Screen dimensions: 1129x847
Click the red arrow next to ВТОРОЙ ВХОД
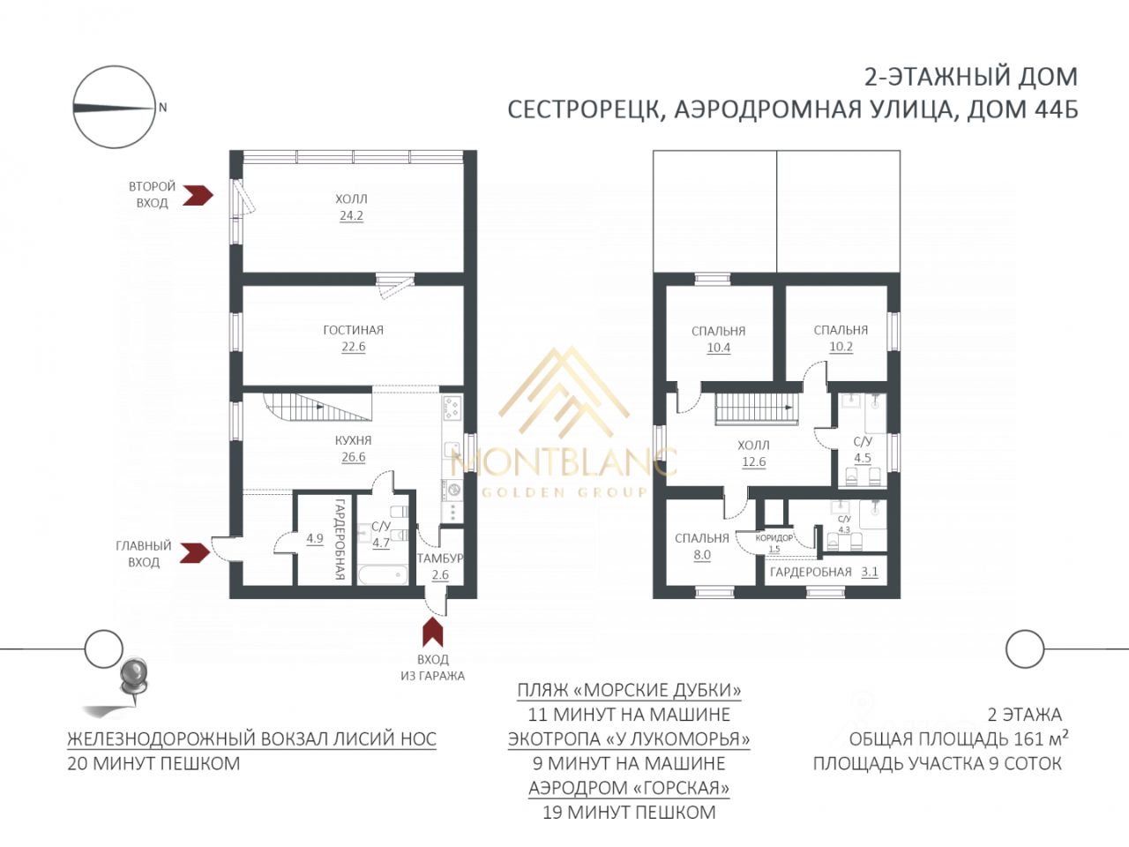[x=198, y=194]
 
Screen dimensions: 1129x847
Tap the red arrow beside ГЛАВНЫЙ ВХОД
[x=195, y=553]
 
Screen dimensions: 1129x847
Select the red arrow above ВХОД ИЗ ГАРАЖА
[x=433, y=632]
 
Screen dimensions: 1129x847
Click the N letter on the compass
[x=163, y=108]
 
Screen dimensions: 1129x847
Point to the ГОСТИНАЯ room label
[x=354, y=330]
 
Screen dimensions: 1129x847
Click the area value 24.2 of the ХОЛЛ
[x=351, y=215]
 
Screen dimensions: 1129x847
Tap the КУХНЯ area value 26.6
[x=354, y=457]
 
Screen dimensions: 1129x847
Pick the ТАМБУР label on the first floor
[x=440, y=558]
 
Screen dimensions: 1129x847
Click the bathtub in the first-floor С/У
[x=383, y=574]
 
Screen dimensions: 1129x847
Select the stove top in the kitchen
[x=452, y=409]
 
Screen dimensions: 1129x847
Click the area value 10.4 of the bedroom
[x=719, y=348]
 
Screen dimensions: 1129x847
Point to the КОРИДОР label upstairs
[x=774, y=538]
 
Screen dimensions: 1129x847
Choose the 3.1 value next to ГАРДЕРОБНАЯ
[x=870, y=572]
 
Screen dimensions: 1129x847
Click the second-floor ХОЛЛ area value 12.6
[x=754, y=461]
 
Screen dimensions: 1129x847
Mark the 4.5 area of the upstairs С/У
[x=863, y=458]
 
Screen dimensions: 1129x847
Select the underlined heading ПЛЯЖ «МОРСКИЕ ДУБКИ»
[x=629, y=690]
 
